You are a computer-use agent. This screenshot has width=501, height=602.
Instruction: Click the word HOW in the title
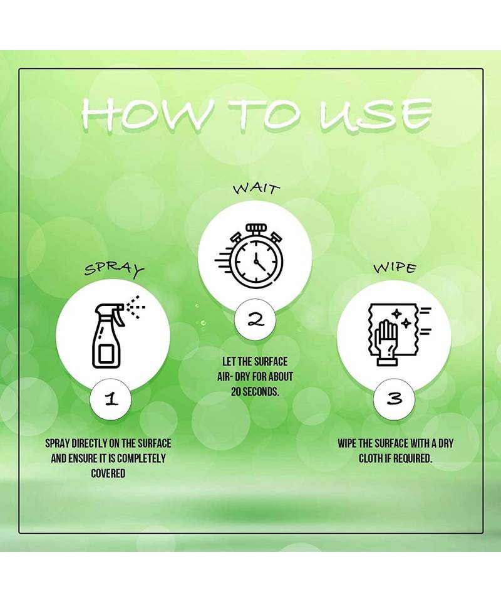145,114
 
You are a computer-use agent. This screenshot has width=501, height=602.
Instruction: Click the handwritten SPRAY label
114,270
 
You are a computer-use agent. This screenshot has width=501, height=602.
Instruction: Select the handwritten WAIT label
256,189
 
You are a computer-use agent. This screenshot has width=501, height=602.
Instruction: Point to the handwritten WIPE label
395,268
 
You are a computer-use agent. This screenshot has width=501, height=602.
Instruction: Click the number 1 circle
110,399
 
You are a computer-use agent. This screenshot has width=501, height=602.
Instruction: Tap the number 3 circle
394,399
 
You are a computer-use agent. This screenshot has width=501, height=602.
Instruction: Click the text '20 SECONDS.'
255,391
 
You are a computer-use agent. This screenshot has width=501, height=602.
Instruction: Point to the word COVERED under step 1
108,473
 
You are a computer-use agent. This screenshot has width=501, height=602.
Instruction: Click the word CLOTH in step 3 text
369,458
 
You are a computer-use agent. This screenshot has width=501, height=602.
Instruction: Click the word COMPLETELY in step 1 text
141,458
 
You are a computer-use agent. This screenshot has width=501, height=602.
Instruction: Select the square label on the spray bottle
105,354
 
